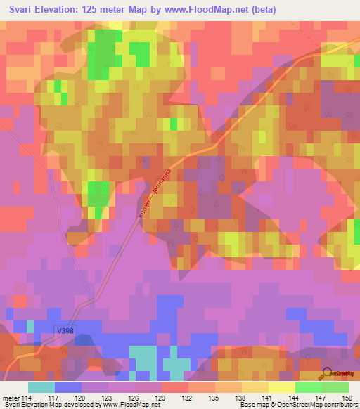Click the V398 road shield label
65,328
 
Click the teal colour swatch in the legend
41,387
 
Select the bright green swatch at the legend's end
335,387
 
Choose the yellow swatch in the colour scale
281,387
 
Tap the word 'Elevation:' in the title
67,10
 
